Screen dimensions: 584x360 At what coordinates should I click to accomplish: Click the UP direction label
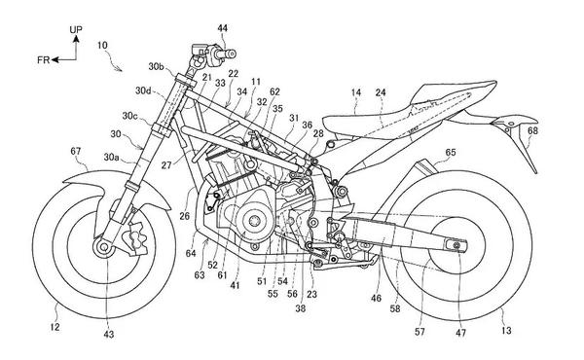tap(76, 29)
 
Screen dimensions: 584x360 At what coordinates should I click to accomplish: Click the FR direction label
tap(43, 60)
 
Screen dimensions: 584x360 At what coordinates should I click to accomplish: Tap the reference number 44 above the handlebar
tap(223, 28)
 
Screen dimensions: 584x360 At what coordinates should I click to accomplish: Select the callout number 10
tap(102, 46)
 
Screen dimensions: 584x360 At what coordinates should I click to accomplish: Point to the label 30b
tap(156, 66)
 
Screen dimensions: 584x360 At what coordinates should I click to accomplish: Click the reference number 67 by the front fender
tap(76, 151)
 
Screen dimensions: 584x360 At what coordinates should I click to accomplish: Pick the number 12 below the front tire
tap(55, 327)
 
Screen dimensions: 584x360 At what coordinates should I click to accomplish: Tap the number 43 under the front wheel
tap(108, 335)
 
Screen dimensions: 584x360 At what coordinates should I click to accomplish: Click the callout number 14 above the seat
tap(356, 92)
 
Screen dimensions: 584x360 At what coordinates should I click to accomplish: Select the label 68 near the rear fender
tap(532, 130)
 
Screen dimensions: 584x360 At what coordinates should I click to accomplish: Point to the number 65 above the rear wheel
tap(451, 152)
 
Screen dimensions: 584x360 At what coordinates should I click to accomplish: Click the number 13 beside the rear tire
tap(506, 330)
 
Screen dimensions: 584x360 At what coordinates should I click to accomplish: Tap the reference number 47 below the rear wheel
tap(460, 333)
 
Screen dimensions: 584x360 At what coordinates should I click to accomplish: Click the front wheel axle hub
tap(104, 246)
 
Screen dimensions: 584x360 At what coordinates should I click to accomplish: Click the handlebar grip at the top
tap(225, 54)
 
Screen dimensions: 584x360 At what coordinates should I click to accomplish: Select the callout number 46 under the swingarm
tap(376, 298)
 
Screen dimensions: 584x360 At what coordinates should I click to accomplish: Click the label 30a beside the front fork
tap(111, 158)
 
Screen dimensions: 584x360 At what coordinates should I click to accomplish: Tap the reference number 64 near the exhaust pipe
tap(191, 254)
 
